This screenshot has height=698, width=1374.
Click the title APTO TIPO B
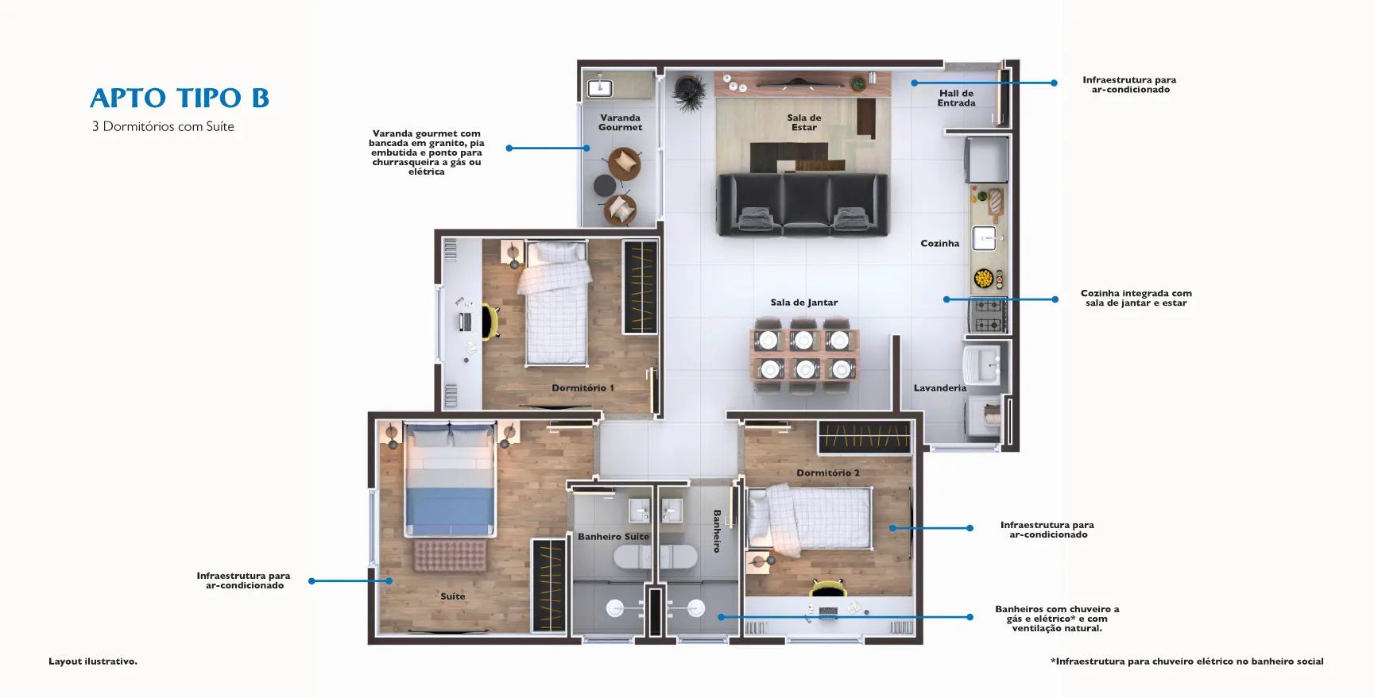pyautogui.click(x=180, y=98)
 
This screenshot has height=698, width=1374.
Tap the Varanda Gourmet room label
pyautogui.click(x=620, y=122)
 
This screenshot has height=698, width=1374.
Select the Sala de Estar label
pyautogui.click(x=804, y=122)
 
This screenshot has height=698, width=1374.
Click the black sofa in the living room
pyautogui.click(x=803, y=205)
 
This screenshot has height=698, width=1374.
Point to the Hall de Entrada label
pyautogui.click(x=956, y=98)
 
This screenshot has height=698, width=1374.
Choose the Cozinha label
pyautogui.click(x=939, y=244)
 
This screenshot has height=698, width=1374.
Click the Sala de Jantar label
pyautogui.click(x=803, y=303)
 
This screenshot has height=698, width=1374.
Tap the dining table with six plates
pyautogui.click(x=804, y=355)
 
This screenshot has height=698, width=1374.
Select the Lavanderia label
pyautogui.click(x=939, y=388)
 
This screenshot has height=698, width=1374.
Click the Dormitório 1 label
pyautogui.click(x=582, y=388)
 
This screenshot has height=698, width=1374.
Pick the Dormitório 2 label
pyautogui.click(x=828, y=473)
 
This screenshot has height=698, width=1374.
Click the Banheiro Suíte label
pyautogui.click(x=613, y=537)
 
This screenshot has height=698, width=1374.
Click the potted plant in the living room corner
pyautogui.click(x=688, y=92)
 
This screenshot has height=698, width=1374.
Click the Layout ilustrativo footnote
pyautogui.click(x=93, y=661)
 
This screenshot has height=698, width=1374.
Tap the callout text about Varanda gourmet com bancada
pyautogui.click(x=427, y=152)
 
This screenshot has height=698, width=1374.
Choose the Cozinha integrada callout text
pyautogui.click(x=1136, y=298)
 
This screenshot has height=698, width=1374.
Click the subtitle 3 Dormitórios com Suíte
pyautogui.click(x=163, y=126)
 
